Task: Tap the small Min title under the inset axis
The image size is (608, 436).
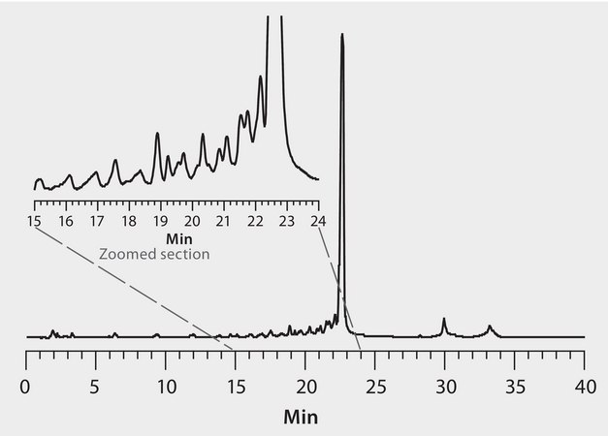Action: click(x=177, y=237)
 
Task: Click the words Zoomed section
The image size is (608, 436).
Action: click(x=154, y=254)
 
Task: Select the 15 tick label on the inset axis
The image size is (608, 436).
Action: click(x=34, y=221)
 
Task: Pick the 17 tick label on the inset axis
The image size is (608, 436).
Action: click(x=97, y=221)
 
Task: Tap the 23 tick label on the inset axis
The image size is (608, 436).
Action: click(x=286, y=221)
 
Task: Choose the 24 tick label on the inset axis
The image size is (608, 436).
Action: click(x=318, y=221)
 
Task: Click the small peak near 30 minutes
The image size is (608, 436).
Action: click(x=444, y=319)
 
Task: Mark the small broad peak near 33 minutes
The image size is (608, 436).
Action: click(x=490, y=327)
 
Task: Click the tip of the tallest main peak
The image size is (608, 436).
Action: click(x=341, y=36)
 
